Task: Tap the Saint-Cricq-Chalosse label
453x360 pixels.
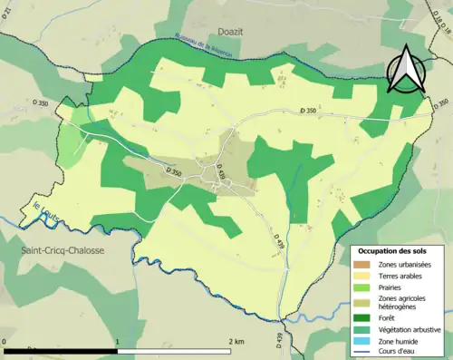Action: coord(55,249)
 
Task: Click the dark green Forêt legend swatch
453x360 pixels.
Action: coord(367,318)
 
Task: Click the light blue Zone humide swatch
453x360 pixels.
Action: coord(367,342)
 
